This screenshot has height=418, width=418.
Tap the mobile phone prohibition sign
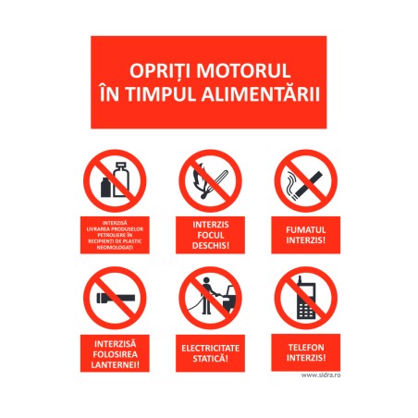[305, 298]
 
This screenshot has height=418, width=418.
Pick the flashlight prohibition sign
[114, 298]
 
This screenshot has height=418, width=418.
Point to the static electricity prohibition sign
[210, 298]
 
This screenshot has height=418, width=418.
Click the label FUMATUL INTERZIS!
[305, 235]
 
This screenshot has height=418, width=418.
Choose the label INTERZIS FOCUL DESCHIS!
[210, 235]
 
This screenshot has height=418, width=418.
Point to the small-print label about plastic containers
[114, 235]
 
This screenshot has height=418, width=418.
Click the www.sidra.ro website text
[319, 375]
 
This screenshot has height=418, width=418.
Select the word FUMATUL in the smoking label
[305, 228]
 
